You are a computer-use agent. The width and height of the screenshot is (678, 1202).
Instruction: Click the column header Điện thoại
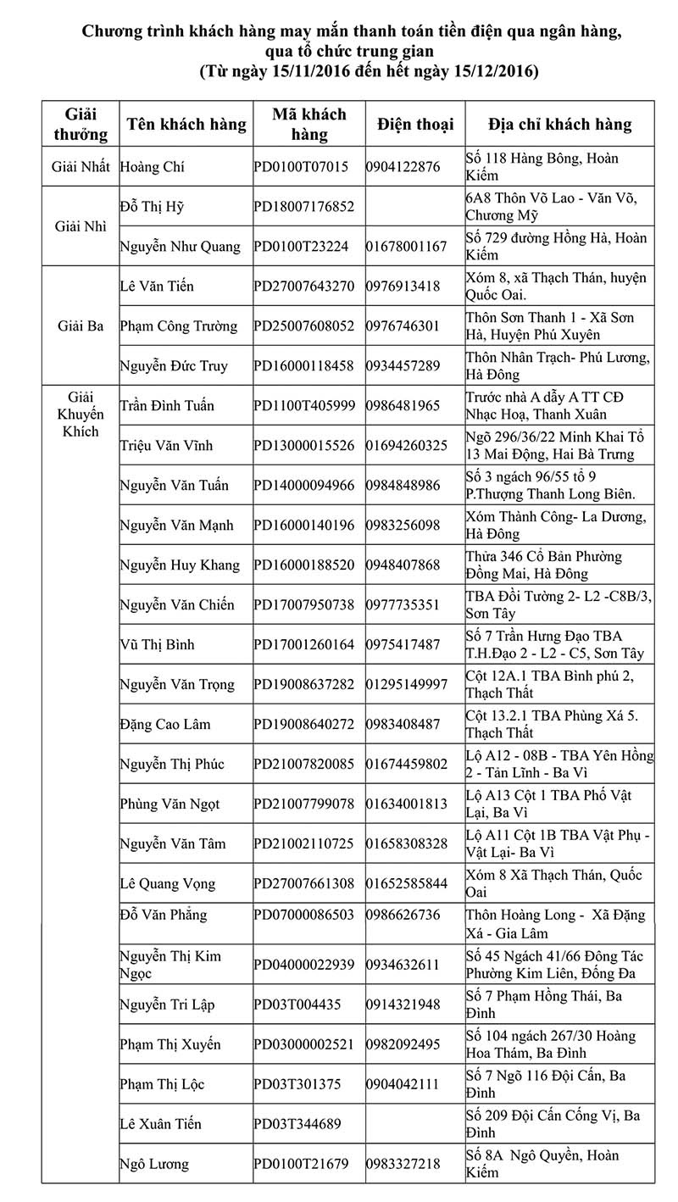(415, 124)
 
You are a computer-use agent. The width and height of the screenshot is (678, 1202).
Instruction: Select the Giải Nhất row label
(81, 167)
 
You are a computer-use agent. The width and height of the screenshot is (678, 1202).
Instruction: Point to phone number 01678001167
(406, 247)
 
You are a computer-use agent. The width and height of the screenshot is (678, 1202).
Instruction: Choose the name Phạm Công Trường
(178, 326)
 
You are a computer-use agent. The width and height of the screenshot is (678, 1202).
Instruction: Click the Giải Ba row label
(81, 326)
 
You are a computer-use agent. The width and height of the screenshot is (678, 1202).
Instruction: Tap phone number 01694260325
(407, 445)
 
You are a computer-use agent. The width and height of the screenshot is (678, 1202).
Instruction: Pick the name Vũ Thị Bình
(157, 644)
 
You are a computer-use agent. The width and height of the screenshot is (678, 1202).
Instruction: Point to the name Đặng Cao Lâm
(165, 724)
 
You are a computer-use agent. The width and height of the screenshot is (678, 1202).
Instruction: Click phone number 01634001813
(407, 804)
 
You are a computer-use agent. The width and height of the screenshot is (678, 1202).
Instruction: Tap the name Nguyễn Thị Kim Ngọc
(169, 965)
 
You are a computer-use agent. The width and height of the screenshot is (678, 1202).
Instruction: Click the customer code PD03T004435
(297, 1004)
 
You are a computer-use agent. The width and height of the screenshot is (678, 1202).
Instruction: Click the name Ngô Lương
(154, 1164)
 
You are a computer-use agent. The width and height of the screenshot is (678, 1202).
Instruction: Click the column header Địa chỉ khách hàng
(560, 124)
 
